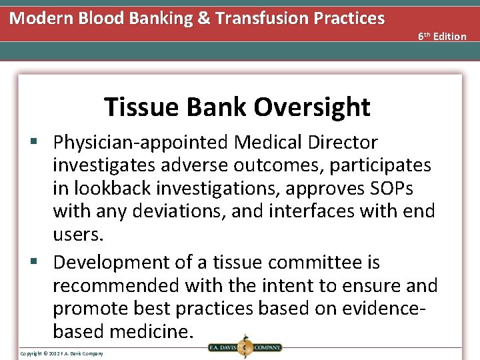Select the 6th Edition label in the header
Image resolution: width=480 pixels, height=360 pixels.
point(442,36)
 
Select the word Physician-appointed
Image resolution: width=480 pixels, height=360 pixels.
point(141,143)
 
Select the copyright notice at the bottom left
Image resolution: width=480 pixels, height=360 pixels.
point(61,353)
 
